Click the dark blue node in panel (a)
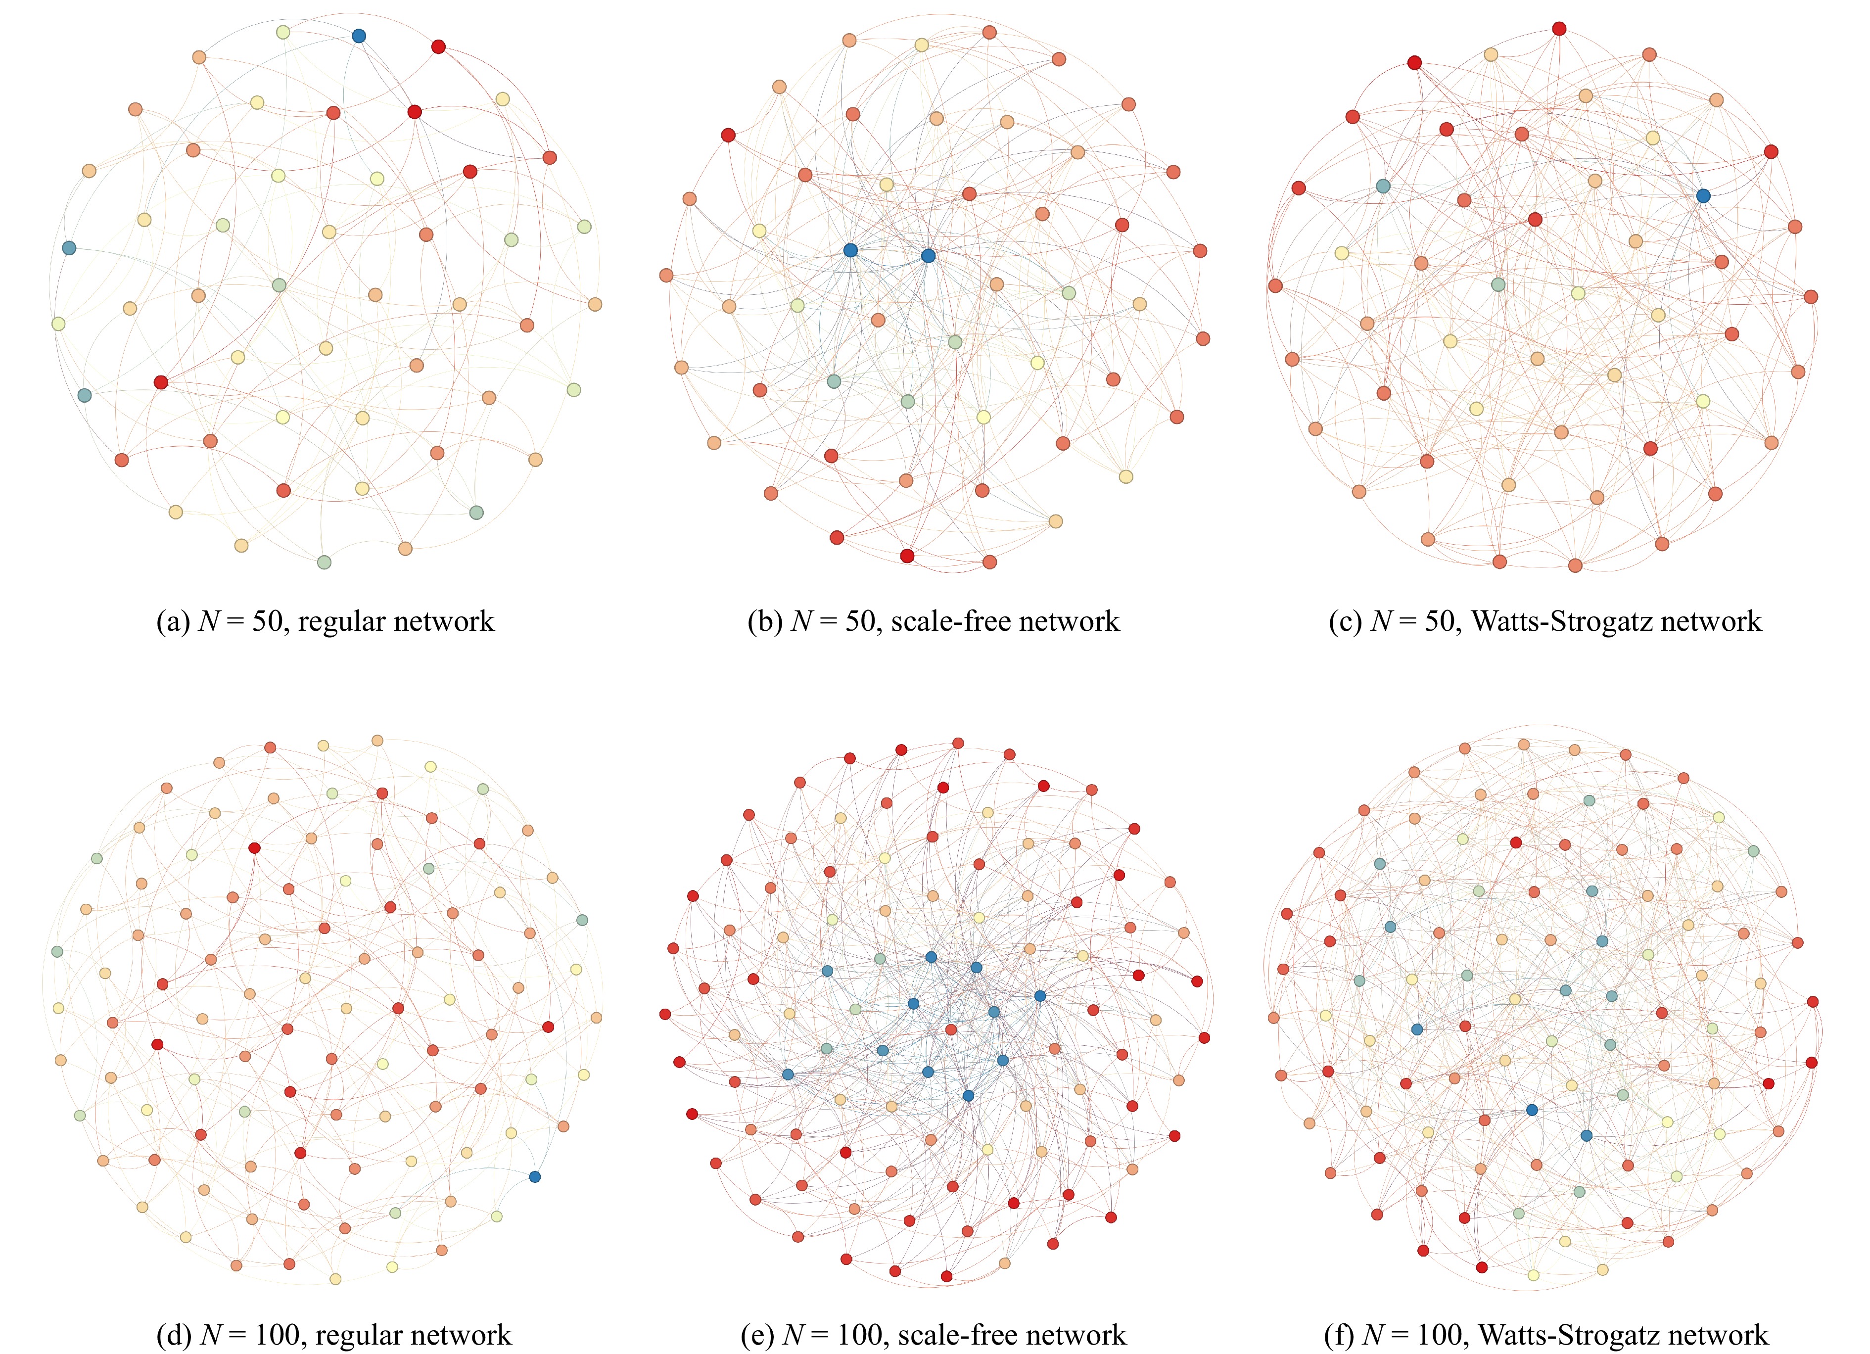coord(359,36)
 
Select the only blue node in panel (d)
coord(534,1176)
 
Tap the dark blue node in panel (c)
coord(1703,195)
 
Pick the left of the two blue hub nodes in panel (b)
coord(850,250)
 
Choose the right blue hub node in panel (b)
coord(928,256)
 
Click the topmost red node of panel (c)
coord(1558,29)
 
